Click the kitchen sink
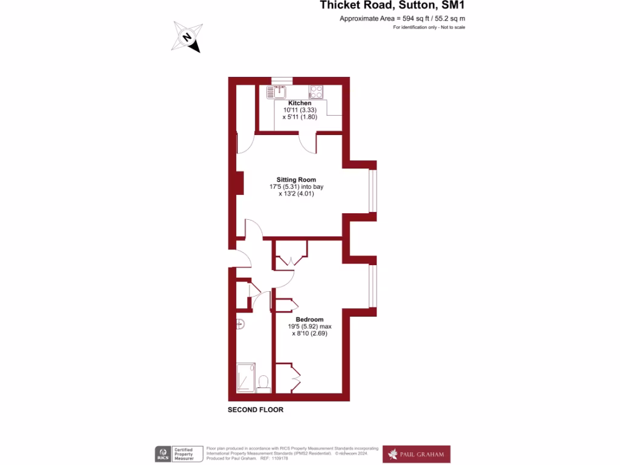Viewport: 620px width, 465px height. pos(276,92)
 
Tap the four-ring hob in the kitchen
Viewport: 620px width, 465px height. pos(315,92)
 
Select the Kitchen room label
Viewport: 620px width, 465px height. pos(300,104)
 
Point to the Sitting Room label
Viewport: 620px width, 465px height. pos(296,180)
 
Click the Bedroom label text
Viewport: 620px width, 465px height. pos(309,319)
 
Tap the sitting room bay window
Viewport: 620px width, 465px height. pos(373,191)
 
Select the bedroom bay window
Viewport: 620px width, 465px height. pos(373,285)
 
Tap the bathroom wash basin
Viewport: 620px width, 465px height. pos(240,324)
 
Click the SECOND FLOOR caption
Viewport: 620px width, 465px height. pos(256,410)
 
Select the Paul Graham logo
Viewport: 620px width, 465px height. pos(417,454)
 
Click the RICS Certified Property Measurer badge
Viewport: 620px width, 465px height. pos(179,454)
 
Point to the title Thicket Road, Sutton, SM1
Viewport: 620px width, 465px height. pos(392,6)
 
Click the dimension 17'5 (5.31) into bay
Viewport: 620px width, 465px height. pos(296,187)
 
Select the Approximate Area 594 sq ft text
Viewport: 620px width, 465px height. pos(402,19)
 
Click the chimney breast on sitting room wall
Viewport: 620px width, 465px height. pos(240,183)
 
